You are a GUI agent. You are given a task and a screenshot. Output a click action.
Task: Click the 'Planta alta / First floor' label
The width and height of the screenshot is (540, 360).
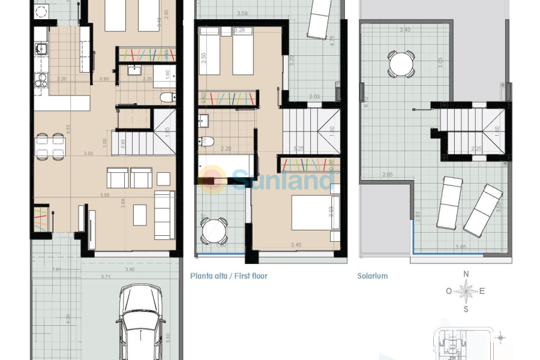point(229,276)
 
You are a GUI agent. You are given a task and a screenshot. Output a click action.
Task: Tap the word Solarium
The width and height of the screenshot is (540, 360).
point(373,276)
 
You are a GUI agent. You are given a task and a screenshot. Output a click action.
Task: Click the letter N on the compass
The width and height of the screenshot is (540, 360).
point(466,274)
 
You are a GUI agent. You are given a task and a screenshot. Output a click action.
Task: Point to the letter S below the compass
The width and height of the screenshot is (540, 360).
point(466,310)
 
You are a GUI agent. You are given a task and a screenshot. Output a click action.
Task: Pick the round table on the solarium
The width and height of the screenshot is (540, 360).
point(401,64)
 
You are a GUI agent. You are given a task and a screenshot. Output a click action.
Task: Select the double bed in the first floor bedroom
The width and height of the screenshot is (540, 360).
point(314,212)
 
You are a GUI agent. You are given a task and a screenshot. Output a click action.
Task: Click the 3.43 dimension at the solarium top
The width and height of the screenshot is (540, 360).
point(406,29)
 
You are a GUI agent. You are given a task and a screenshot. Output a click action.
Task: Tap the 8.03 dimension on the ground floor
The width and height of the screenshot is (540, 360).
point(69,127)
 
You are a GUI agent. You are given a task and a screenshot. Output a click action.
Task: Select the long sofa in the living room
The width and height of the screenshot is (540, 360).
point(164,215)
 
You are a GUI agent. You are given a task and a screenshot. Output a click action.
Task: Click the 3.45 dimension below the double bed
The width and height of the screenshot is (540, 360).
point(296,245)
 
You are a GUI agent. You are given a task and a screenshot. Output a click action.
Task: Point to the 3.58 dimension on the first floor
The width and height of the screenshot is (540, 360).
point(242,13)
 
